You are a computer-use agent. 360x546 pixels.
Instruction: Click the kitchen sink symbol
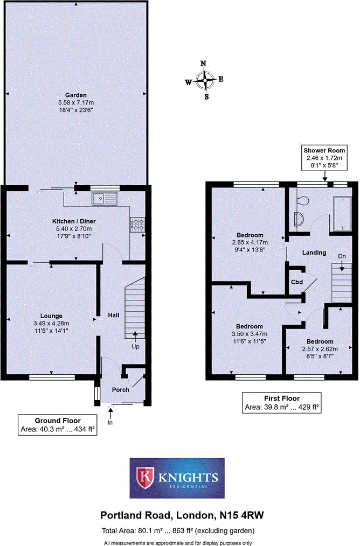[105, 199]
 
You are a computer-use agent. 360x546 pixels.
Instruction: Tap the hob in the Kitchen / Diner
[137, 225]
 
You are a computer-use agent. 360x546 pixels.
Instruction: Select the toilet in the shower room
[302, 201]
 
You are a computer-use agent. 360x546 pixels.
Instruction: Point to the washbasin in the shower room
[299, 220]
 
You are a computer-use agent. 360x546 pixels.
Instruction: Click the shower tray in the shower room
[342, 213]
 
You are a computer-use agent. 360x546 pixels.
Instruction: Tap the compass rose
[205, 80]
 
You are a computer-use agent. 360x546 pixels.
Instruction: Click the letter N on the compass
[204, 64]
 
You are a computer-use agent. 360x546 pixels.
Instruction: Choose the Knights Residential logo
[177, 478]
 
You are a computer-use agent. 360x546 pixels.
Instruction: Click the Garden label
[76, 95]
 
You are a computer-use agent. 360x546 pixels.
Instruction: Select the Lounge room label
[51, 316]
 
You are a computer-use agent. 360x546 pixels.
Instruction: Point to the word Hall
[114, 315]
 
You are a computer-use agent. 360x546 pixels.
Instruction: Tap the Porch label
[121, 390]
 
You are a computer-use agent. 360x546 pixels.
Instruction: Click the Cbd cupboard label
[297, 282]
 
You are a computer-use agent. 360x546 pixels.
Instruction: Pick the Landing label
[314, 253]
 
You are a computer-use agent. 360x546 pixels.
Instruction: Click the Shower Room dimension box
[324, 158]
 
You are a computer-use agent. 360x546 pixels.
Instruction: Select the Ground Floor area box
[58, 425]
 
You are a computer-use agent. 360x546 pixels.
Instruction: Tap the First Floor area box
[282, 403]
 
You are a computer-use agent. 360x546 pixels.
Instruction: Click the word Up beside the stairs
[135, 346]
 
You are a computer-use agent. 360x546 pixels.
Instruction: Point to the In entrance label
[110, 422]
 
